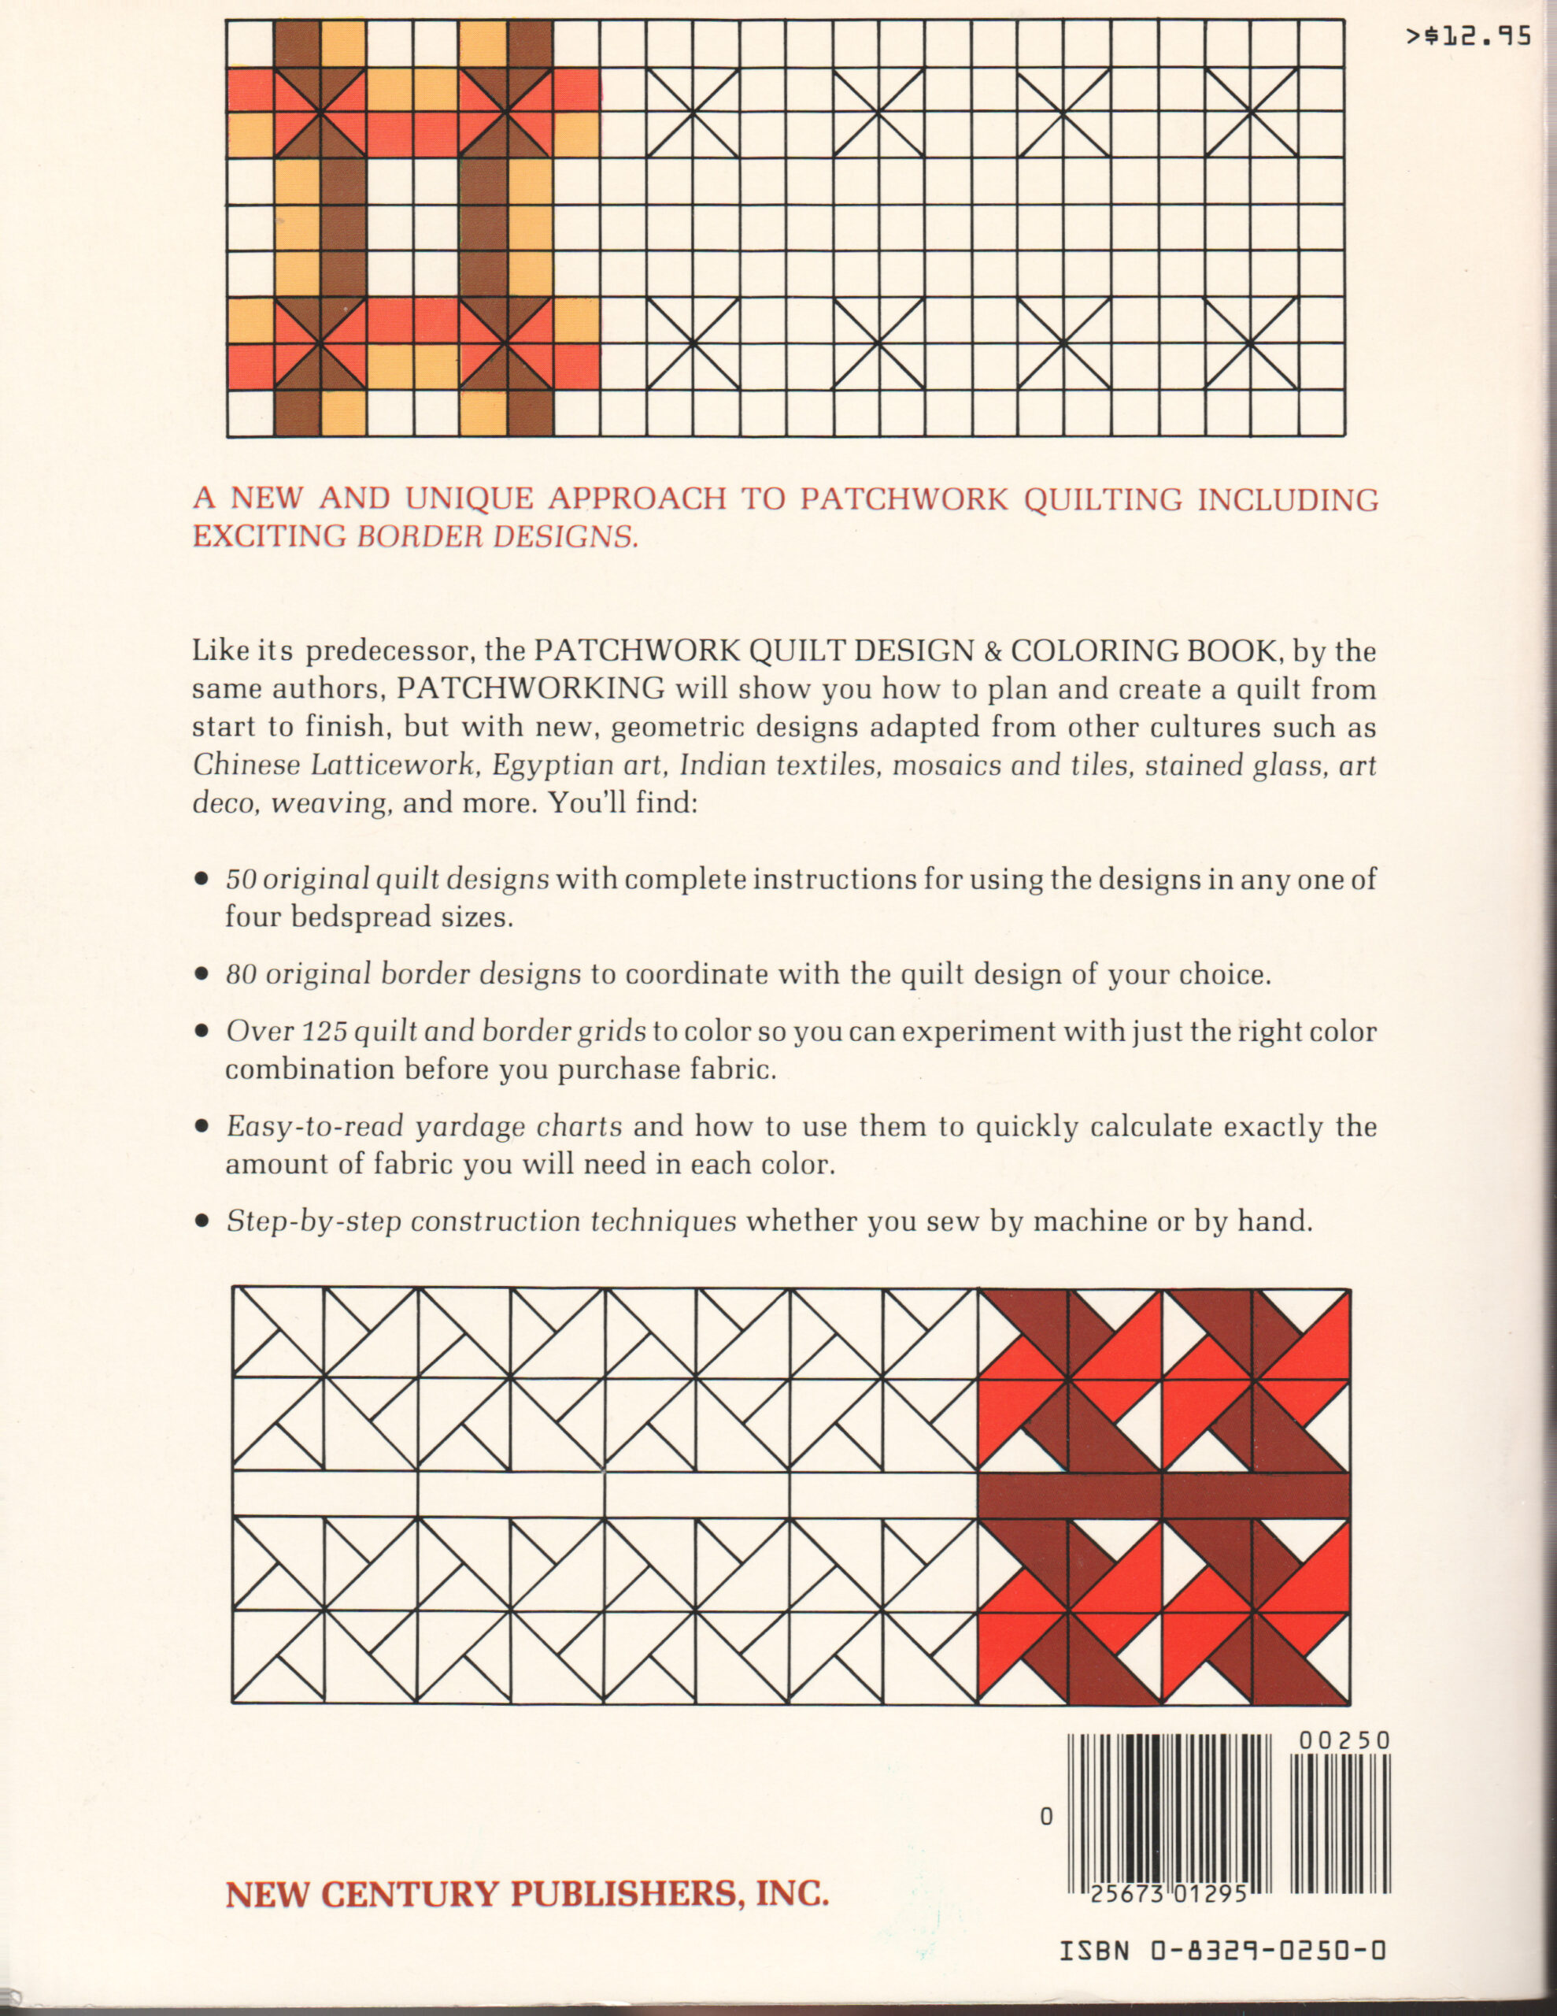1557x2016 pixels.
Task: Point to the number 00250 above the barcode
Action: [x=1344, y=1741]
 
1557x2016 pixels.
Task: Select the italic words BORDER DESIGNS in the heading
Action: [x=497, y=536]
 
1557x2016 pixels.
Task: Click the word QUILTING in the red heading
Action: [x=1103, y=499]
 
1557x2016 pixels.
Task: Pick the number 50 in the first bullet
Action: [x=241, y=879]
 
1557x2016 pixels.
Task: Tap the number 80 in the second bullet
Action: [x=241, y=974]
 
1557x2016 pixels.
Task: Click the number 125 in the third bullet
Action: [x=323, y=1031]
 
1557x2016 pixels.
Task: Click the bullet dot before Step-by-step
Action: [x=202, y=1222]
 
